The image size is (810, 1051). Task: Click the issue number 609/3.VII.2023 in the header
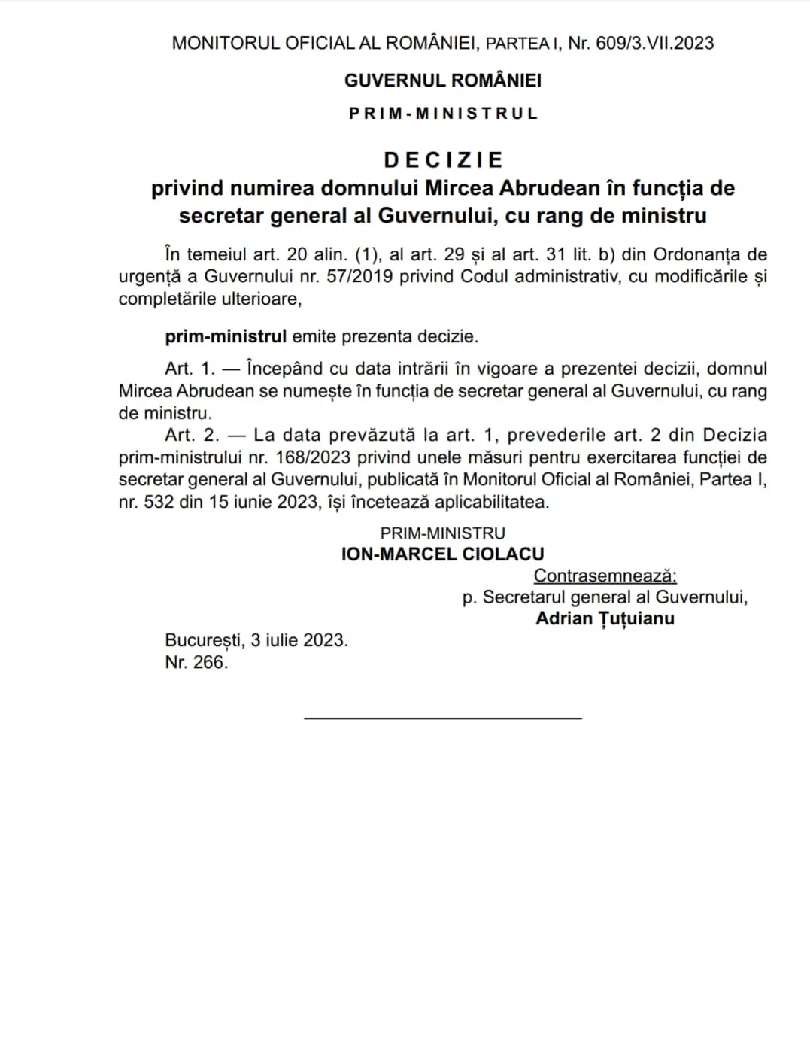click(654, 43)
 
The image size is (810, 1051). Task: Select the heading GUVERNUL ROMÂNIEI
click(442, 80)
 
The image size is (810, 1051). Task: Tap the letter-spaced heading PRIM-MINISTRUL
click(443, 114)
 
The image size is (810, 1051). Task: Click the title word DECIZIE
click(443, 159)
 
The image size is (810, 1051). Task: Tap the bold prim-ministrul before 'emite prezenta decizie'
click(226, 336)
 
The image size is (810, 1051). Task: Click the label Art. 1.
click(190, 369)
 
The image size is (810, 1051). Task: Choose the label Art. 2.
click(192, 435)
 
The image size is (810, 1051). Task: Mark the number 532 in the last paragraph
click(159, 502)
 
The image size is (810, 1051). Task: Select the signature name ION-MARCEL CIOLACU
click(442, 554)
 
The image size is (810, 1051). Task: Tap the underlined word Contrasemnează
click(605, 576)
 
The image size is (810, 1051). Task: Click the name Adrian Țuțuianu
click(605, 618)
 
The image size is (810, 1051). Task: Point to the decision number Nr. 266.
click(196, 662)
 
